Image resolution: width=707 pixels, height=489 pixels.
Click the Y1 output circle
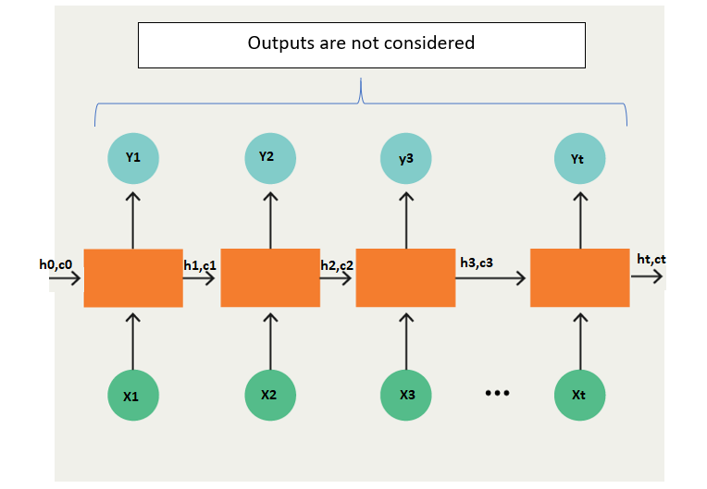(133, 158)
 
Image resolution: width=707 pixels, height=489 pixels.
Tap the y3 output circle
(406, 158)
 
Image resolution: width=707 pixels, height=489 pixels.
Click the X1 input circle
(132, 395)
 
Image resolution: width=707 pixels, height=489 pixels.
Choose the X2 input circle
(269, 394)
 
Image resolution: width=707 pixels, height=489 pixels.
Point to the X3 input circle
(406, 395)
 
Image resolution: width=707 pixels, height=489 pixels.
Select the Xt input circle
(579, 395)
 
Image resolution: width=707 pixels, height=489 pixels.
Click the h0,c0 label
(56, 264)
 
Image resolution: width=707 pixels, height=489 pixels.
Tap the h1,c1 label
(200, 265)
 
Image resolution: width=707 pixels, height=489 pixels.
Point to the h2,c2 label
(337, 265)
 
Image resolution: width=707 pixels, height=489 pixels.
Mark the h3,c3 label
(477, 263)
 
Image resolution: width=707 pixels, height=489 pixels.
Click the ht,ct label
(651, 260)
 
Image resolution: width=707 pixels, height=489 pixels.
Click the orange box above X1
(133, 277)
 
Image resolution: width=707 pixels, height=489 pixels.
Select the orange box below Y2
(270, 277)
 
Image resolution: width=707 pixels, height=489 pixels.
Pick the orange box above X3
(405, 277)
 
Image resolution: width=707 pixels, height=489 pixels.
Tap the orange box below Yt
(579, 277)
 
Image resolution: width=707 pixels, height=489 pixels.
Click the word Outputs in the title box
(278, 43)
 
